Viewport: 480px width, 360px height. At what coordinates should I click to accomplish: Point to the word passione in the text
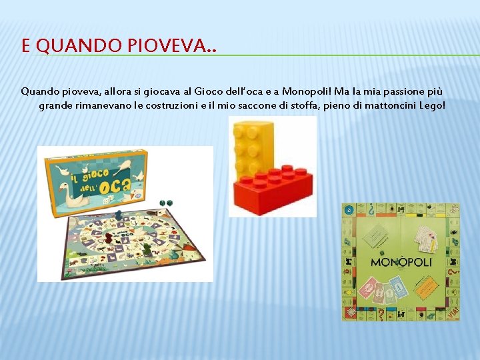pos(399,91)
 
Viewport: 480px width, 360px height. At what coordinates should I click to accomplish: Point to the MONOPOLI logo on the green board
pos(401,262)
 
